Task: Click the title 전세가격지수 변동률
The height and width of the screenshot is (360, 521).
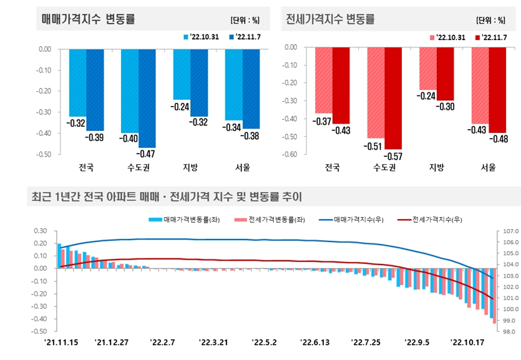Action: (330, 19)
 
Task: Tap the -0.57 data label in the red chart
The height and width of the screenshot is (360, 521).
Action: (393, 156)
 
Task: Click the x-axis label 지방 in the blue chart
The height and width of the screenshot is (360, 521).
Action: (190, 167)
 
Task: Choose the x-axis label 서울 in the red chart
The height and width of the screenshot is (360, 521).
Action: (488, 167)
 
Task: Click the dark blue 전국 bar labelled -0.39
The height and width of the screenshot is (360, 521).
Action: (95, 89)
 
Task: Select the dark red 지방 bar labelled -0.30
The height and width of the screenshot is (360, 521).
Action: (445, 73)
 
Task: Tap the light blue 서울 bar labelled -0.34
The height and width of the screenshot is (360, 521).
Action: (234, 84)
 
